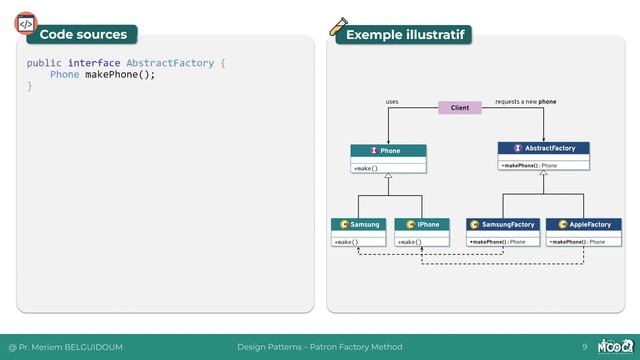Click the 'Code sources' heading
coord(84,35)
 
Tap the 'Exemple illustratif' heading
coord(404,36)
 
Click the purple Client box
coord(460,107)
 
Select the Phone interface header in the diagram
coord(388,151)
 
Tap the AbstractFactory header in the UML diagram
coord(543,148)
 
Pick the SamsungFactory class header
coord(502,224)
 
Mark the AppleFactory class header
coord(584,224)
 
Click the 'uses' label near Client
coord(392,101)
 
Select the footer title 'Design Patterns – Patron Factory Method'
coord(319,347)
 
